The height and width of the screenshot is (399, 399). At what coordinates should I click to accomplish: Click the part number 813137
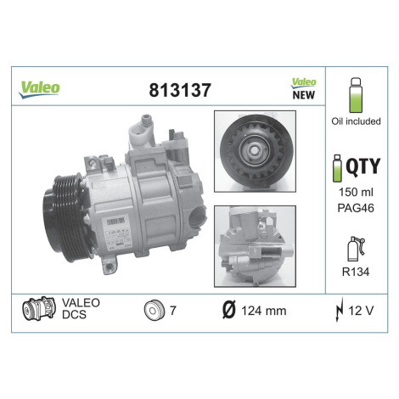pos(180,90)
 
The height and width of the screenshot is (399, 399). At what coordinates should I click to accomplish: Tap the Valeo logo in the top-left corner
pos(39,89)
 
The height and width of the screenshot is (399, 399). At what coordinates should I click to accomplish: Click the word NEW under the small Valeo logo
pos(303,95)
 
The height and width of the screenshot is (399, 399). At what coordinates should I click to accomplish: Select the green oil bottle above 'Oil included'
pos(356,95)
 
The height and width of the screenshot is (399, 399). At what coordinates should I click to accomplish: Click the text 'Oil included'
pos(356,121)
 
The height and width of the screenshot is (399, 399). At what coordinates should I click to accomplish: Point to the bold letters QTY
pos(363,166)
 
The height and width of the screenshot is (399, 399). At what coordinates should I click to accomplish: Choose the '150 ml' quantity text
pos(356,192)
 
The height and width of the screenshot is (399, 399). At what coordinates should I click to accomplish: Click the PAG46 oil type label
pos(356,208)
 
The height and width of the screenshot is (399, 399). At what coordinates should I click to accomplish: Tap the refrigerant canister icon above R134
pos(356,249)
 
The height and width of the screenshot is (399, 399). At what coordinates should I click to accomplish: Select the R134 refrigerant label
pos(356,272)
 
